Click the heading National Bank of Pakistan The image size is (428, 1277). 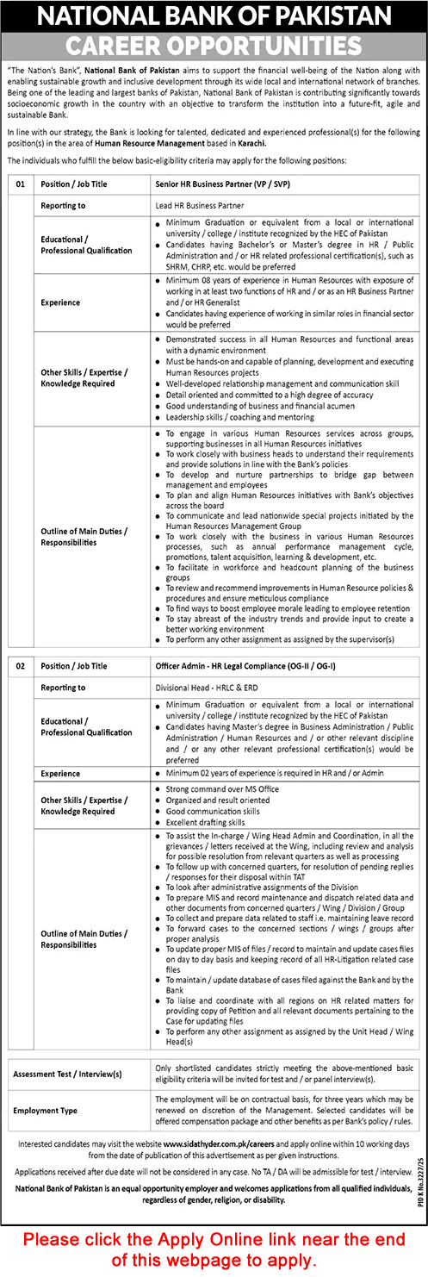click(214, 16)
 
